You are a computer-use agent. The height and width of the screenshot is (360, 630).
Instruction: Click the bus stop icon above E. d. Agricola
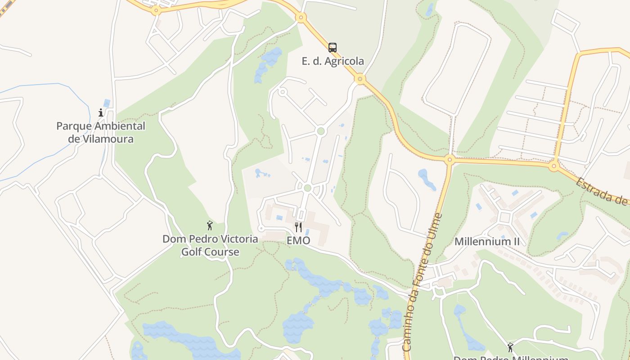tap(332, 47)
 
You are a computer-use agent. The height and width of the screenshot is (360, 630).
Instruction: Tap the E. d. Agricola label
tap(333, 61)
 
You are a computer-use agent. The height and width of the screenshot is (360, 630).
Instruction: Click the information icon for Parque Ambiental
tap(101, 112)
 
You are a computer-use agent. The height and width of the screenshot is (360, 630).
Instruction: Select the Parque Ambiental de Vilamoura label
tap(101, 132)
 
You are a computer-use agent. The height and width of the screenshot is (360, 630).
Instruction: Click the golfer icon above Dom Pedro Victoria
tap(209, 225)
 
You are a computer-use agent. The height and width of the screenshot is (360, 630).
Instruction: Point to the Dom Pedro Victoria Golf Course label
tap(210, 245)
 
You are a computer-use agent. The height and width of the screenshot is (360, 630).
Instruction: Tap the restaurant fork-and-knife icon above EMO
tap(298, 227)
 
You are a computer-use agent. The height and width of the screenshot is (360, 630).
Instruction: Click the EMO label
tap(298, 240)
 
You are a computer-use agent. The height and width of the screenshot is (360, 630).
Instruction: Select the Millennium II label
tap(487, 242)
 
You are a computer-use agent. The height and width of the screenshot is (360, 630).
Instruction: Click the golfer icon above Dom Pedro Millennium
tap(510, 347)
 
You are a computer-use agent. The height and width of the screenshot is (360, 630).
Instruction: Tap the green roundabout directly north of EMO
tap(307, 188)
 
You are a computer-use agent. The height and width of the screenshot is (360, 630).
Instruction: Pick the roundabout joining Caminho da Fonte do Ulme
tap(449, 159)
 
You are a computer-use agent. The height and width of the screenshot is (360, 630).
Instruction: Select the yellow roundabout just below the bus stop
tap(359, 79)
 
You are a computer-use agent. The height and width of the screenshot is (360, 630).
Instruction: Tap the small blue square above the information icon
tap(107, 103)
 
